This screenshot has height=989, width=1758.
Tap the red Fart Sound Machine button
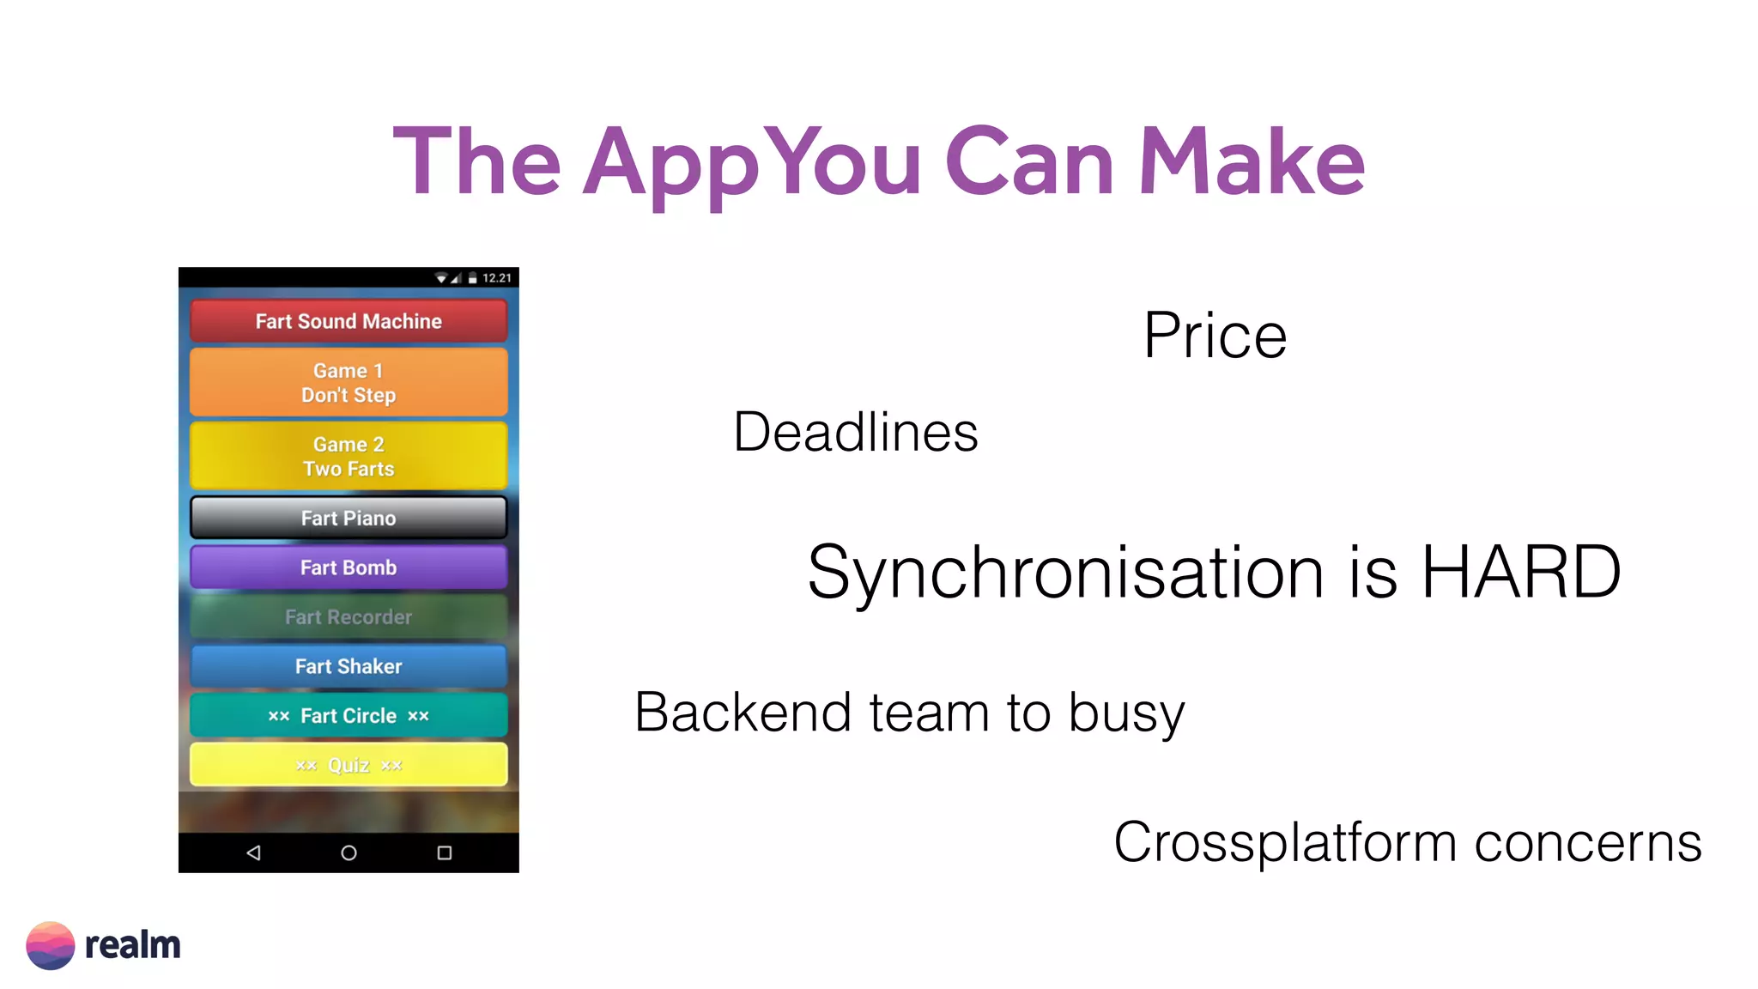click(349, 321)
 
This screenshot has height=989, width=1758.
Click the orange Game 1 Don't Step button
click(349, 383)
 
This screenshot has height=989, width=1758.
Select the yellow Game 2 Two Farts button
click(349, 457)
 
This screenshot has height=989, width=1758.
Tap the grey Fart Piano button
click(349, 518)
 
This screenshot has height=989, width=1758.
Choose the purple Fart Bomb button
click(349, 567)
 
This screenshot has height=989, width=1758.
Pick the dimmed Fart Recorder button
click(349, 616)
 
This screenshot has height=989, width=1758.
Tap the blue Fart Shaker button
click(349, 666)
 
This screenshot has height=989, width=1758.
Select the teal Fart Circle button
click(349, 715)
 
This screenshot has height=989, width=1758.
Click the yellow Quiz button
click(349, 765)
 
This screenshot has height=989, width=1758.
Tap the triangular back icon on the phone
click(253, 852)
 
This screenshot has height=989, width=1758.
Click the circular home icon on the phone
click(349, 852)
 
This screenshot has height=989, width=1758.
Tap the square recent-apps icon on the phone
click(444, 852)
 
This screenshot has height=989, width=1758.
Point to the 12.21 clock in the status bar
click(496, 278)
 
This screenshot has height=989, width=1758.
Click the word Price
click(1215, 336)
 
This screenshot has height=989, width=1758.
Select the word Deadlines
click(855, 432)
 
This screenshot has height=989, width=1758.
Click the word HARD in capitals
click(1521, 572)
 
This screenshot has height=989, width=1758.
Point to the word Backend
click(743, 713)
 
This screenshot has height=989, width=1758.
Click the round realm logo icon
click(51, 945)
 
